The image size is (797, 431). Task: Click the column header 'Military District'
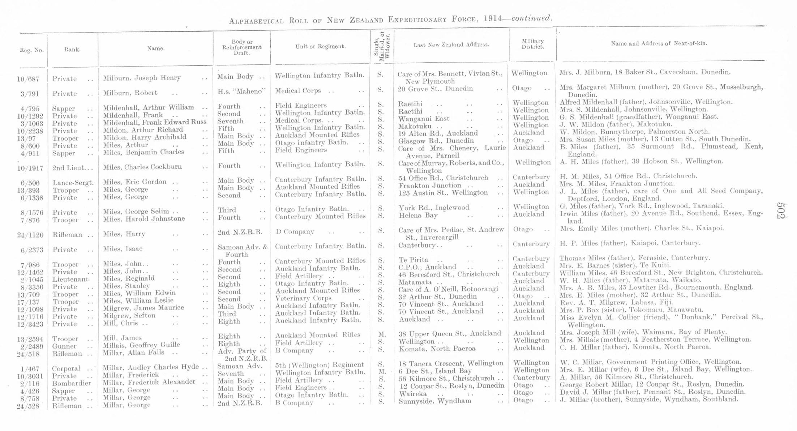(533, 44)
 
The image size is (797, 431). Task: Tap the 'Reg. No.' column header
(32, 50)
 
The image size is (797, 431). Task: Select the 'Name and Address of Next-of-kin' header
(659, 43)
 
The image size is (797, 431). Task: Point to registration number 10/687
(28, 79)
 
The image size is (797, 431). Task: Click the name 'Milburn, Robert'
(130, 93)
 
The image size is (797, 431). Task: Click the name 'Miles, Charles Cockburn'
(142, 167)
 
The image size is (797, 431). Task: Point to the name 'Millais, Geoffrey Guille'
(141, 345)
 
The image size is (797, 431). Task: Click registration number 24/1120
(30, 235)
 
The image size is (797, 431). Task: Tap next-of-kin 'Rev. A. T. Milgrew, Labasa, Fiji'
(616, 302)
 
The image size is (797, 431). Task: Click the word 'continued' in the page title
(531, 18)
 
